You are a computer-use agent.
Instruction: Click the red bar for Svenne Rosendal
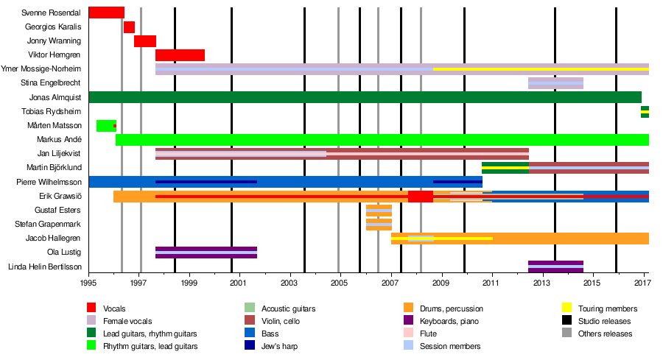pos(106,13)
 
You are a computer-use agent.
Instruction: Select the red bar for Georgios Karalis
pos(129,27)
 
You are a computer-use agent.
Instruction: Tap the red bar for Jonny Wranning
pos(144,41)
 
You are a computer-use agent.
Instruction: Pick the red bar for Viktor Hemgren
pos(180,55)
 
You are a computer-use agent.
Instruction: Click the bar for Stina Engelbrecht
pos(555,83)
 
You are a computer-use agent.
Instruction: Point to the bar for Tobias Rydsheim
pos(645,112)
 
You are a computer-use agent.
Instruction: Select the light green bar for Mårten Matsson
pos(105,126)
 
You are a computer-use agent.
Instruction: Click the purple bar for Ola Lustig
pos(206,253)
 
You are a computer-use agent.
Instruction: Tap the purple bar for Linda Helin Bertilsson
pos(555,267)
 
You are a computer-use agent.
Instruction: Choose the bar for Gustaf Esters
pos(379,211)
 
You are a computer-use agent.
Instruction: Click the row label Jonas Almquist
pos(55,97)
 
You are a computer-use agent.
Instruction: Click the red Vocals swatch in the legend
pos(91,308)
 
